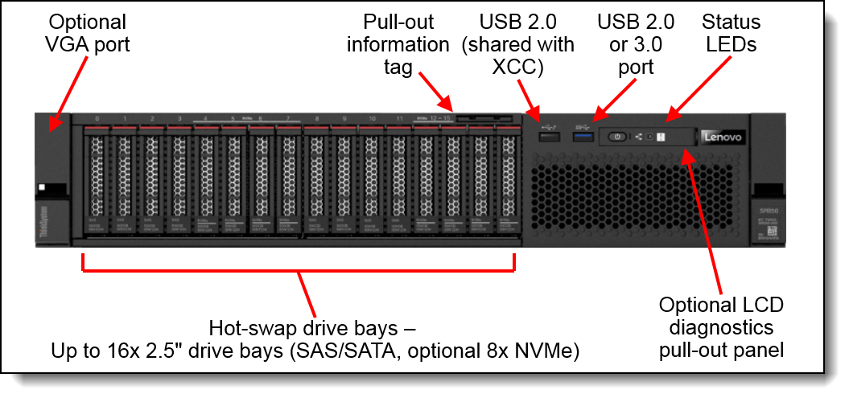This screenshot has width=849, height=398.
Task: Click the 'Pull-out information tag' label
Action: click(398, 44)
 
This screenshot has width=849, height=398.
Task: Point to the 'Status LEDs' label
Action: click(731, 32)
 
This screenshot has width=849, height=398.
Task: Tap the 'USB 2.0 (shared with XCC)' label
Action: click(518, 44)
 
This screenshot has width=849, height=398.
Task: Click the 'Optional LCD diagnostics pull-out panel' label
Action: click(721, 327)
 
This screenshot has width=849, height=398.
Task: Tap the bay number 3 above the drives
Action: click(179, 119)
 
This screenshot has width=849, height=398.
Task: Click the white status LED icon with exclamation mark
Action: click(659, 137)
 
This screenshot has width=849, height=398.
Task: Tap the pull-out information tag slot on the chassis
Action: click(483, 117)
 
